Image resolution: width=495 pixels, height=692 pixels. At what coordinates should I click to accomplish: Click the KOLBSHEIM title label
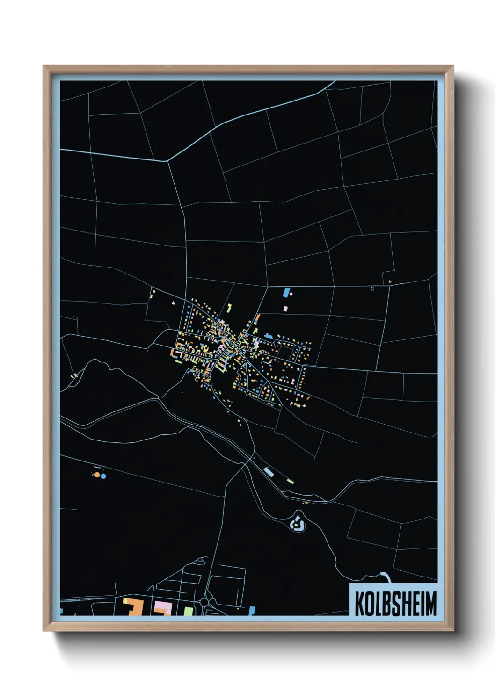395,603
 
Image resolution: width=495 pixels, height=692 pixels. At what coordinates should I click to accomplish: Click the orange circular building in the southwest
97,475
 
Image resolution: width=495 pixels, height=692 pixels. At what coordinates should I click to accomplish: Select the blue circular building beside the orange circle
103,476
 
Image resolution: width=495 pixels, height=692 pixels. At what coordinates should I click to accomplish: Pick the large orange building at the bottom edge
134,607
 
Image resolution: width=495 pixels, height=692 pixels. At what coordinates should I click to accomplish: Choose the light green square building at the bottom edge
188,611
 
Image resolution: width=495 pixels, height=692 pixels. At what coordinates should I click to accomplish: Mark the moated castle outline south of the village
297,522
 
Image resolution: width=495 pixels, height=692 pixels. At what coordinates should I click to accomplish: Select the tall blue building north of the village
286,293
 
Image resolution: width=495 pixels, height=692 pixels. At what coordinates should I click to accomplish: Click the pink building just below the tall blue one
286,308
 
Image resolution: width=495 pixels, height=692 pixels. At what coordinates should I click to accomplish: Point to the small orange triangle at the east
389,281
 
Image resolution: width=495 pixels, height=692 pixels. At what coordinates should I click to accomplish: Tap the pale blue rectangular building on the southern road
269,472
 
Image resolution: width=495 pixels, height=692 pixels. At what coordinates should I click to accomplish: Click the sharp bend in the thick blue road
167,161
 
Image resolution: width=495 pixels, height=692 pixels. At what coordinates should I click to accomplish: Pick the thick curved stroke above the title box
386,576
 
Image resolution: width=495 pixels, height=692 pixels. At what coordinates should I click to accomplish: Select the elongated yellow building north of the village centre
229,308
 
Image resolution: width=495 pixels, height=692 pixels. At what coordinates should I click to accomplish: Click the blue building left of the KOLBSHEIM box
252,610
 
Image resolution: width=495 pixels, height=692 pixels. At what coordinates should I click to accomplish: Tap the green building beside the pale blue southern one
290,481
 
